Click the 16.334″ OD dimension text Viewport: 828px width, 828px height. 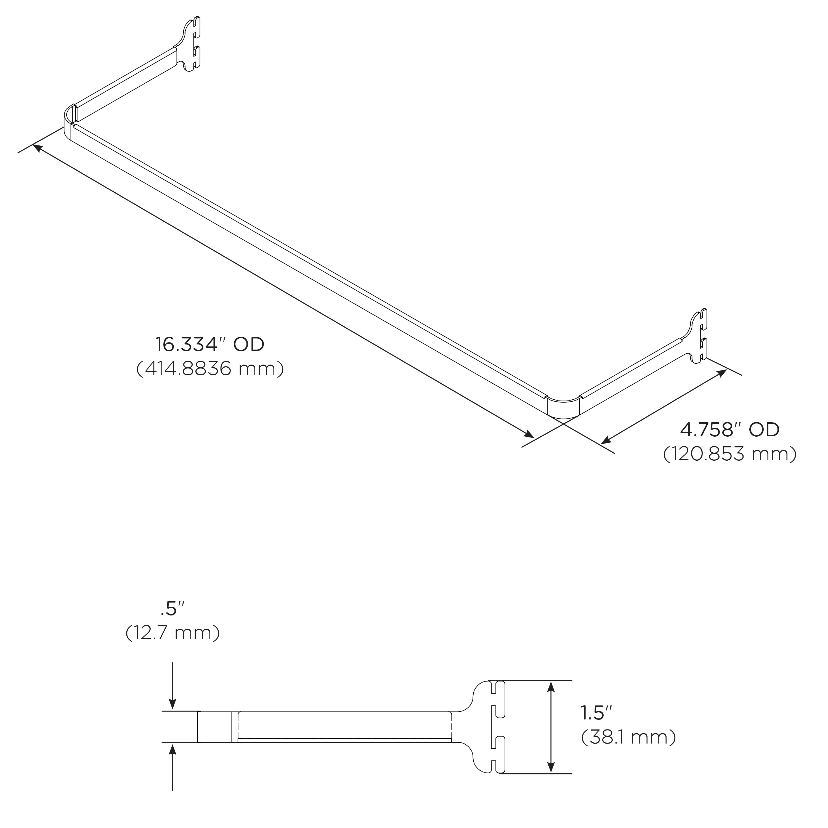[x=209, y=344]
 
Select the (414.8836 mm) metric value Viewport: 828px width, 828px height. [x=209, y=368]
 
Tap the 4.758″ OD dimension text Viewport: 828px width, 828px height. [x=730, y=429]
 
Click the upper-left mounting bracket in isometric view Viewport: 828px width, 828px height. [x=191, y=45]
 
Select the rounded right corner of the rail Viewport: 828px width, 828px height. [x=564, y=407]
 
